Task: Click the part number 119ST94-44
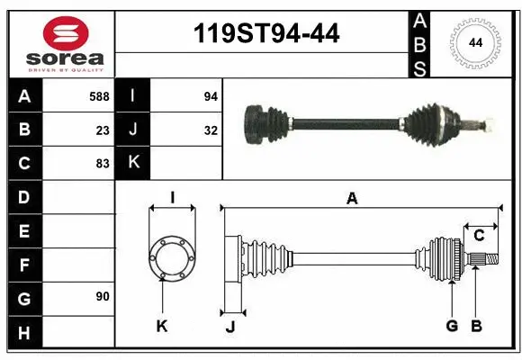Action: pyautogui.click(x=267, y=34)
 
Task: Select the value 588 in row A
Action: pyautogui.click(x=99, y=95)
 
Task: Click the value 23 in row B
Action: pyautogui.click(x=103, y=130)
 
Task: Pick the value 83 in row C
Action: pyautogui.click(x=103, y=164)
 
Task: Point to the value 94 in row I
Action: pyautogui.click(x=211, y=95)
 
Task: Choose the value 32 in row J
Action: pyautogui.click(x=211, y=130)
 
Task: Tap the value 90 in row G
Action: pyautogui.click(x=103, y=297)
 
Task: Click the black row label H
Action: pyautogui.click(x=23, y=333)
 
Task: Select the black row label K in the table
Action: pyautogui.click(x=133, y=164)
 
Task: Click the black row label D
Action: pyautogui.click(x=23, y=197)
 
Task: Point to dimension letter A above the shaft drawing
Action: pyautogui.click(x=352, y=200)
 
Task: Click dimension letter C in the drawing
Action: pyautogui.click(x=479, y=236)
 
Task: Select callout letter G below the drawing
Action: pyautogui.click(x=452, y=326)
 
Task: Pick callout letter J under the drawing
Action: pyautogui.click(x=230, y=327)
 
